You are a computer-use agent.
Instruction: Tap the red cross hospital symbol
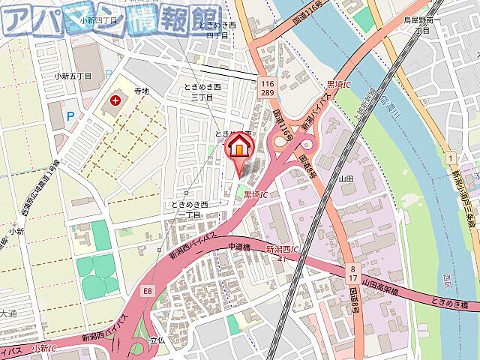tap(115, 100)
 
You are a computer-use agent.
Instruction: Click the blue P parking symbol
tap(71, 115)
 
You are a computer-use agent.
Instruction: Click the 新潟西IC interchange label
tap(283, 248)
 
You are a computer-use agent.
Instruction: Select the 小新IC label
tap(44, 348)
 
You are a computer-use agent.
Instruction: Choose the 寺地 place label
tap(141, 91)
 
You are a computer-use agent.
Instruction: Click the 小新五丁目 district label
tap(73, 76)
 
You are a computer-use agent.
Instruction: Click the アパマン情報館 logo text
tap(112, 20)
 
